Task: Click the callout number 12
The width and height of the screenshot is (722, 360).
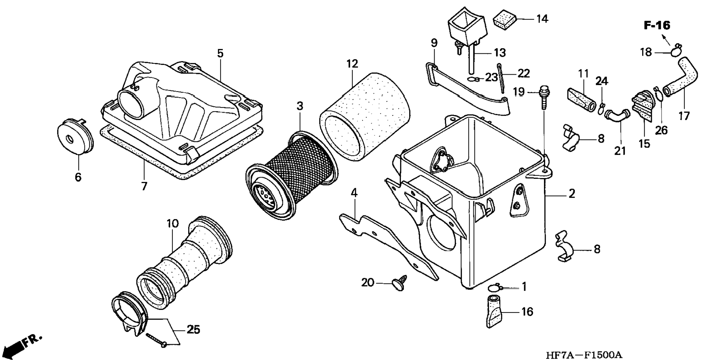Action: coord(352,64)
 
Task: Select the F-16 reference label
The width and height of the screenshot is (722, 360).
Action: coord(657,25)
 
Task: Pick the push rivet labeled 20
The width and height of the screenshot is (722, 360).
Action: coord(398,284)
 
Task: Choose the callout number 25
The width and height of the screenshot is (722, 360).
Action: coord(193,329)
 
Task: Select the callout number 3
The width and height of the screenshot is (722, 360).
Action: coord(300,106)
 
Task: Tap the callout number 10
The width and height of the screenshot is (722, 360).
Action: coord(172,224)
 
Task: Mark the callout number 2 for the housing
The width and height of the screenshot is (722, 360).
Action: coord(572,193)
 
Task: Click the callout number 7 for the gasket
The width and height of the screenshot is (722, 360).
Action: coord(144,186)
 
